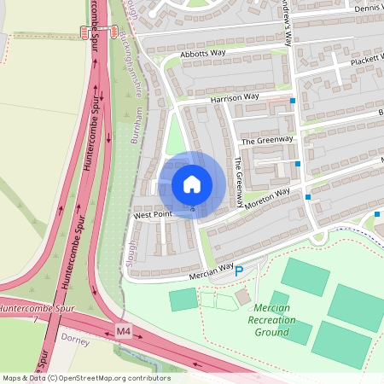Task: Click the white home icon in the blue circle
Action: click(192, 184)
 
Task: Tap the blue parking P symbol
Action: click(239, 271)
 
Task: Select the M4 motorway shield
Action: click(125, 330)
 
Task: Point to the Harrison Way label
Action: click(235, 97)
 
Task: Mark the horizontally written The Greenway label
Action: click(266, 140)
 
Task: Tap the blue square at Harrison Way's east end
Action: click(293, 101)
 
